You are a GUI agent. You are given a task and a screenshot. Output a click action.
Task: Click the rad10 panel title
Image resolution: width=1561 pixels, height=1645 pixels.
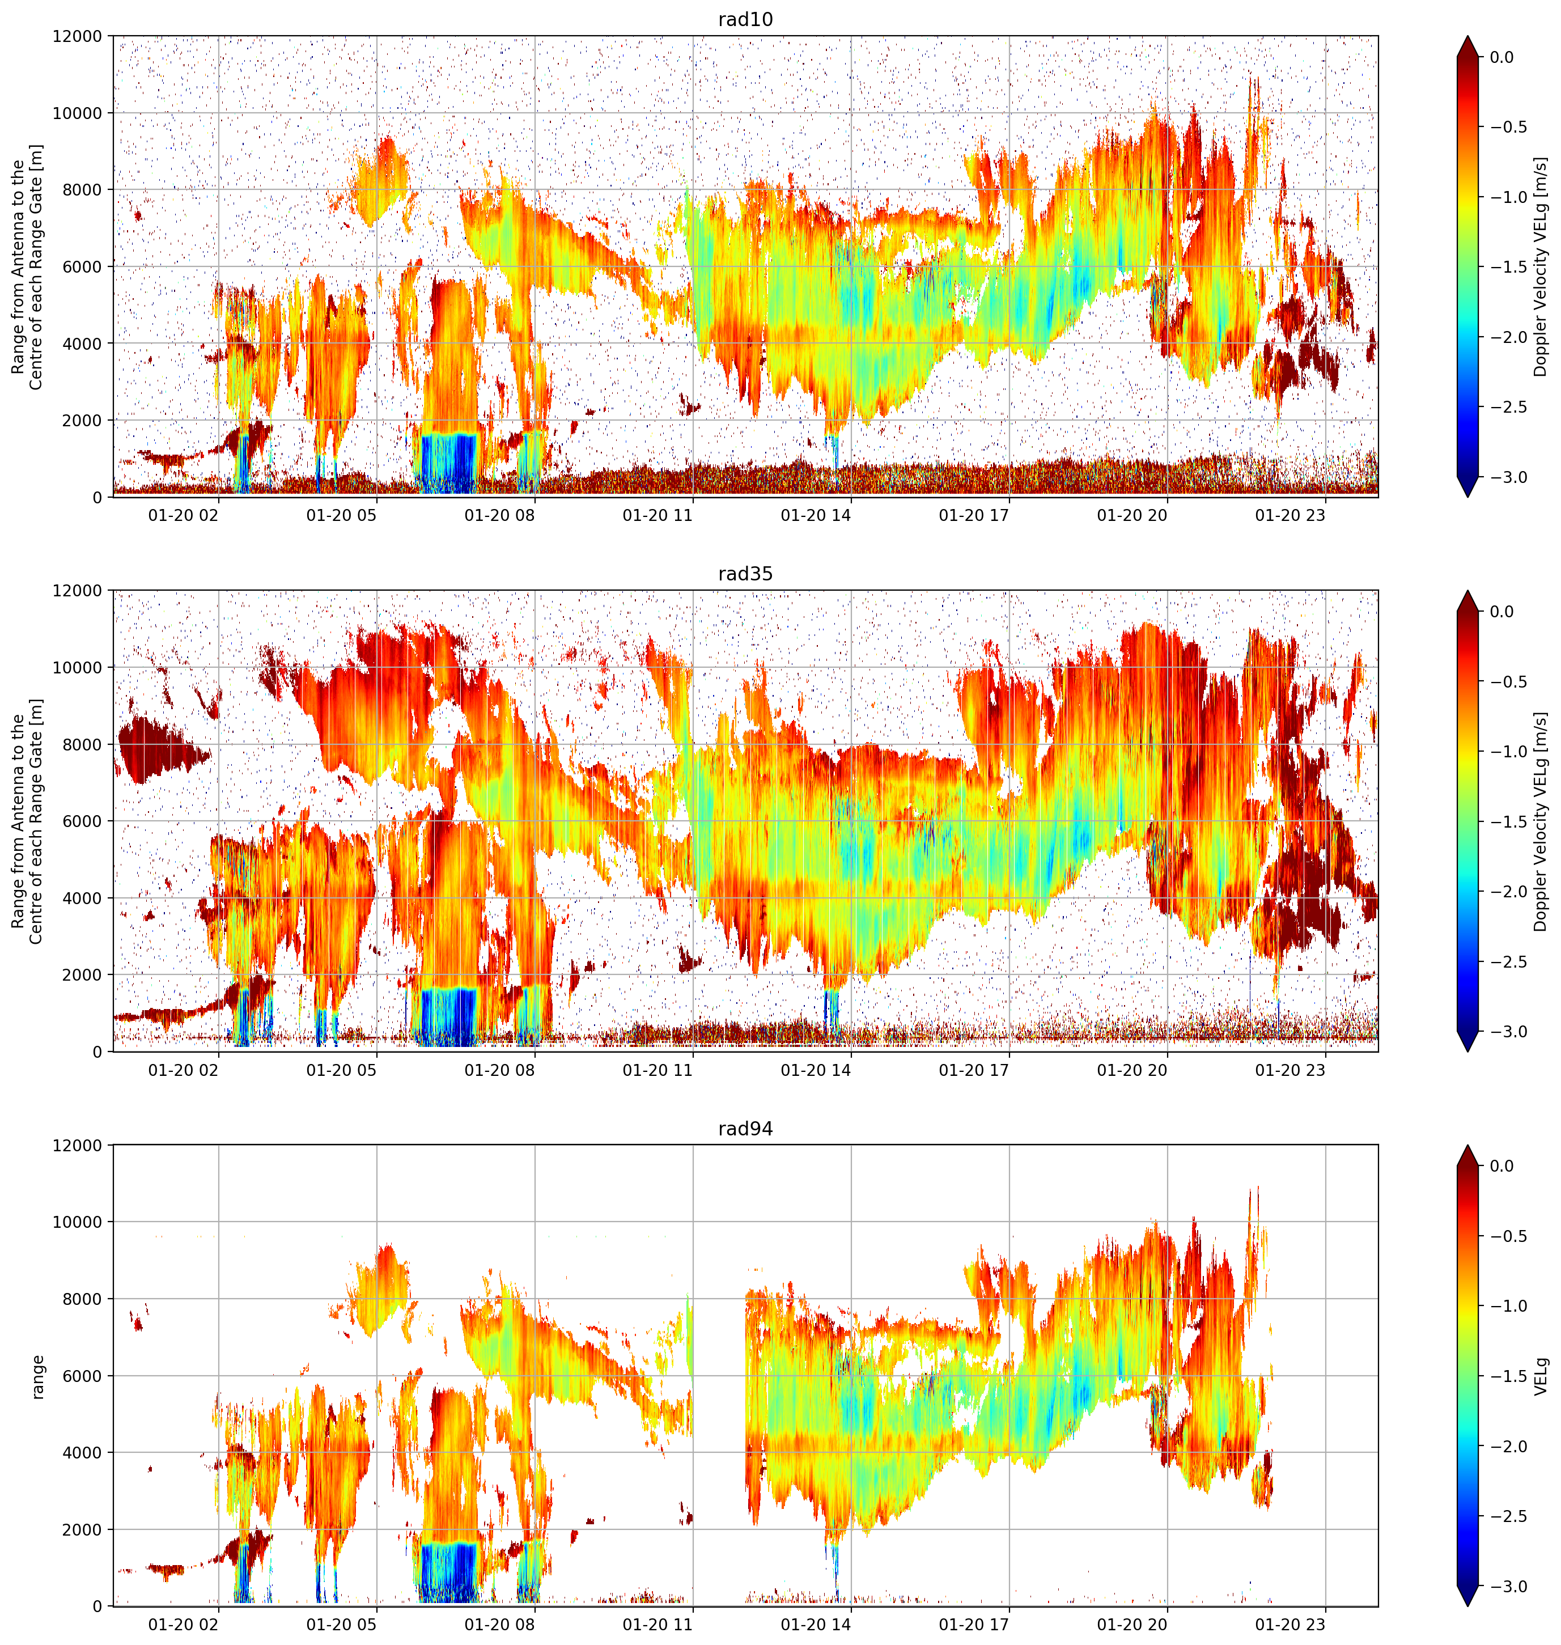pos(745,19)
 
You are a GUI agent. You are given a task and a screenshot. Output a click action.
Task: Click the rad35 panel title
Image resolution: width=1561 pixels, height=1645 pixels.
pos(745,573)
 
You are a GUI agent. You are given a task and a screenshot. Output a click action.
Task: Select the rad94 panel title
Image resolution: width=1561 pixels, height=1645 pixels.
pos(745,1128)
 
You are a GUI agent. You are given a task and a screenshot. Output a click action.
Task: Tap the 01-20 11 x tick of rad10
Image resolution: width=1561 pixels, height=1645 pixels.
pos(658,515)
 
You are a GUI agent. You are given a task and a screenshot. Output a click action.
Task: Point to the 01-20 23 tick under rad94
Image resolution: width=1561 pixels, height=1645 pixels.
pos(1289,1624)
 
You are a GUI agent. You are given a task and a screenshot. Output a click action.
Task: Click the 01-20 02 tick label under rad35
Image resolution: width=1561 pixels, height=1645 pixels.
pos(183,1070)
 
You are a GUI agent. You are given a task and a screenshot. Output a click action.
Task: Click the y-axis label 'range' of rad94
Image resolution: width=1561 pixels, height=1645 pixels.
pos(37,1377)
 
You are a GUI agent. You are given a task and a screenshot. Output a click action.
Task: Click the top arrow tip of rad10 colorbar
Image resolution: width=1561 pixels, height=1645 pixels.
pos(1468,36)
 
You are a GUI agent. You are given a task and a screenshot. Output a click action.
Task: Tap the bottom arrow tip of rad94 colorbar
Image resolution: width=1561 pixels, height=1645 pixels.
pos(1468,1606)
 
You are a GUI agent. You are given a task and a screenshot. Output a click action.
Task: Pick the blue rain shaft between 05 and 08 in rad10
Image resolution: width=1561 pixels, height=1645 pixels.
pos(448,463)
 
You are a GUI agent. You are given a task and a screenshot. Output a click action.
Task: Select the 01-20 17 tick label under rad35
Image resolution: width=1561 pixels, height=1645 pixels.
pos(974,1070)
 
